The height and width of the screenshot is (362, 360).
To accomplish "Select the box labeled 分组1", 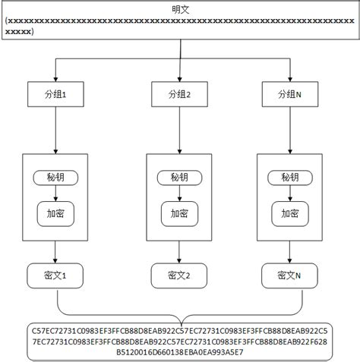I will click(x=58, y=95).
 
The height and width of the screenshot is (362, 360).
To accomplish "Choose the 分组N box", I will click(x=289, y=95).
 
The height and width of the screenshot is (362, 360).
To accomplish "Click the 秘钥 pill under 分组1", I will click(x=58, y=178).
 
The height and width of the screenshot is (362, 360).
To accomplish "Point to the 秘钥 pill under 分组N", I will click(x=289, y=178).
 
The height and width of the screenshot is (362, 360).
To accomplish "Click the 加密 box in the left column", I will click(x=58, y=214).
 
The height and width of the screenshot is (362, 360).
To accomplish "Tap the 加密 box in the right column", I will click(x=289, y=214).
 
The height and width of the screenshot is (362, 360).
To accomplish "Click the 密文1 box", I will click(x=58, y=275).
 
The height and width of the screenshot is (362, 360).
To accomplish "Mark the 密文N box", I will click(x=289, y=275).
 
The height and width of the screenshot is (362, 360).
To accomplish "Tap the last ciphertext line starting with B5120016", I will click(x=180, y=351).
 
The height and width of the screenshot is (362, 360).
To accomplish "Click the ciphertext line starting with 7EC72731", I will click(x=180, y=341).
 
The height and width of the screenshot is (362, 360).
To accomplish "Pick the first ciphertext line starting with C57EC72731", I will click(x=180, y=330).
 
